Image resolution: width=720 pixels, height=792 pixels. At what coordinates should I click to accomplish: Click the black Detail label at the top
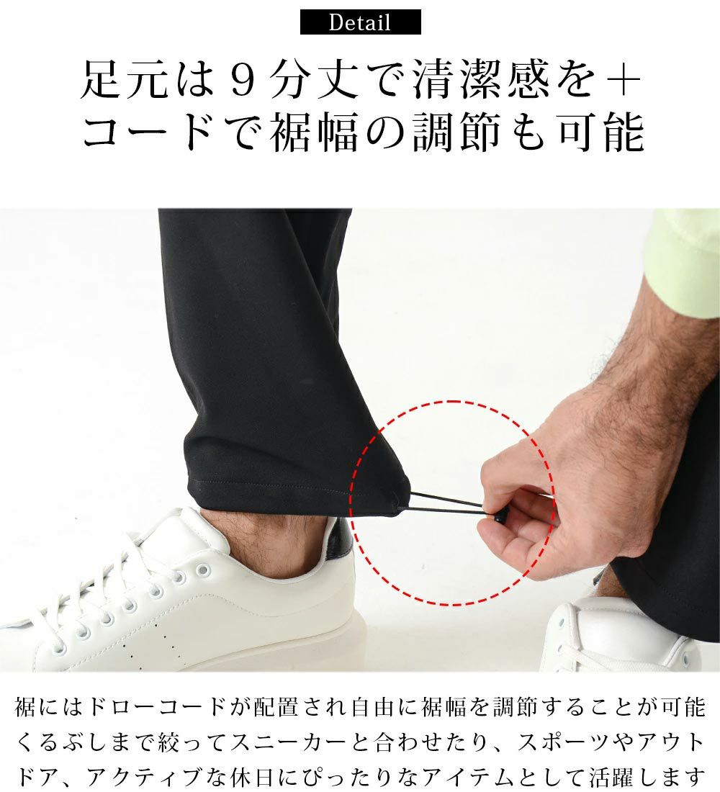[x=360, y=22]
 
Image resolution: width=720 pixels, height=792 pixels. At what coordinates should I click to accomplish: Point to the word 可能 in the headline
[x=601, y=132]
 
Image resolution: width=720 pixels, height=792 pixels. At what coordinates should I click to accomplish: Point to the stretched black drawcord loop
[x=445, y=506]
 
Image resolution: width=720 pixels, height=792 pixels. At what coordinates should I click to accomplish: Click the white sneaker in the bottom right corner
[x=621, y=636]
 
